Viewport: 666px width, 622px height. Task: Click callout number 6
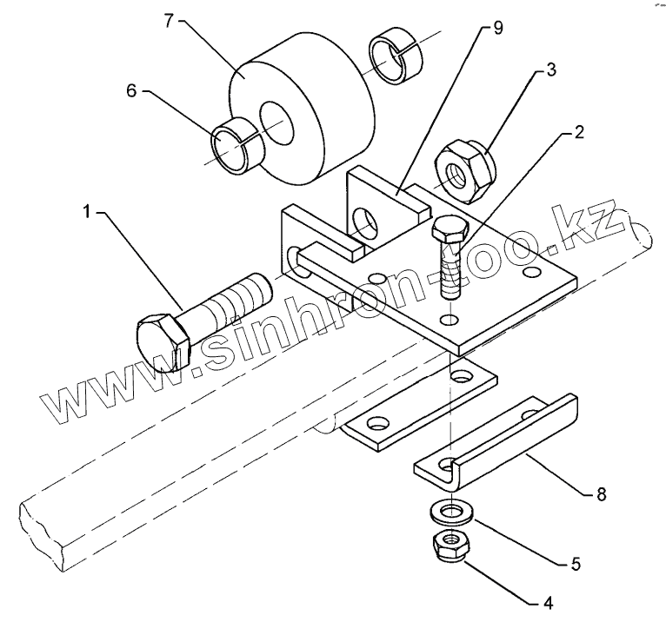(x=131, y=89)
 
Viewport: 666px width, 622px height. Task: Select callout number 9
(x=497, y=28)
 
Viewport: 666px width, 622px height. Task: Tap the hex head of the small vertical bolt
(x=450, y=232)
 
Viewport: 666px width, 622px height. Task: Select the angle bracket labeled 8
(x=496, y=440)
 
